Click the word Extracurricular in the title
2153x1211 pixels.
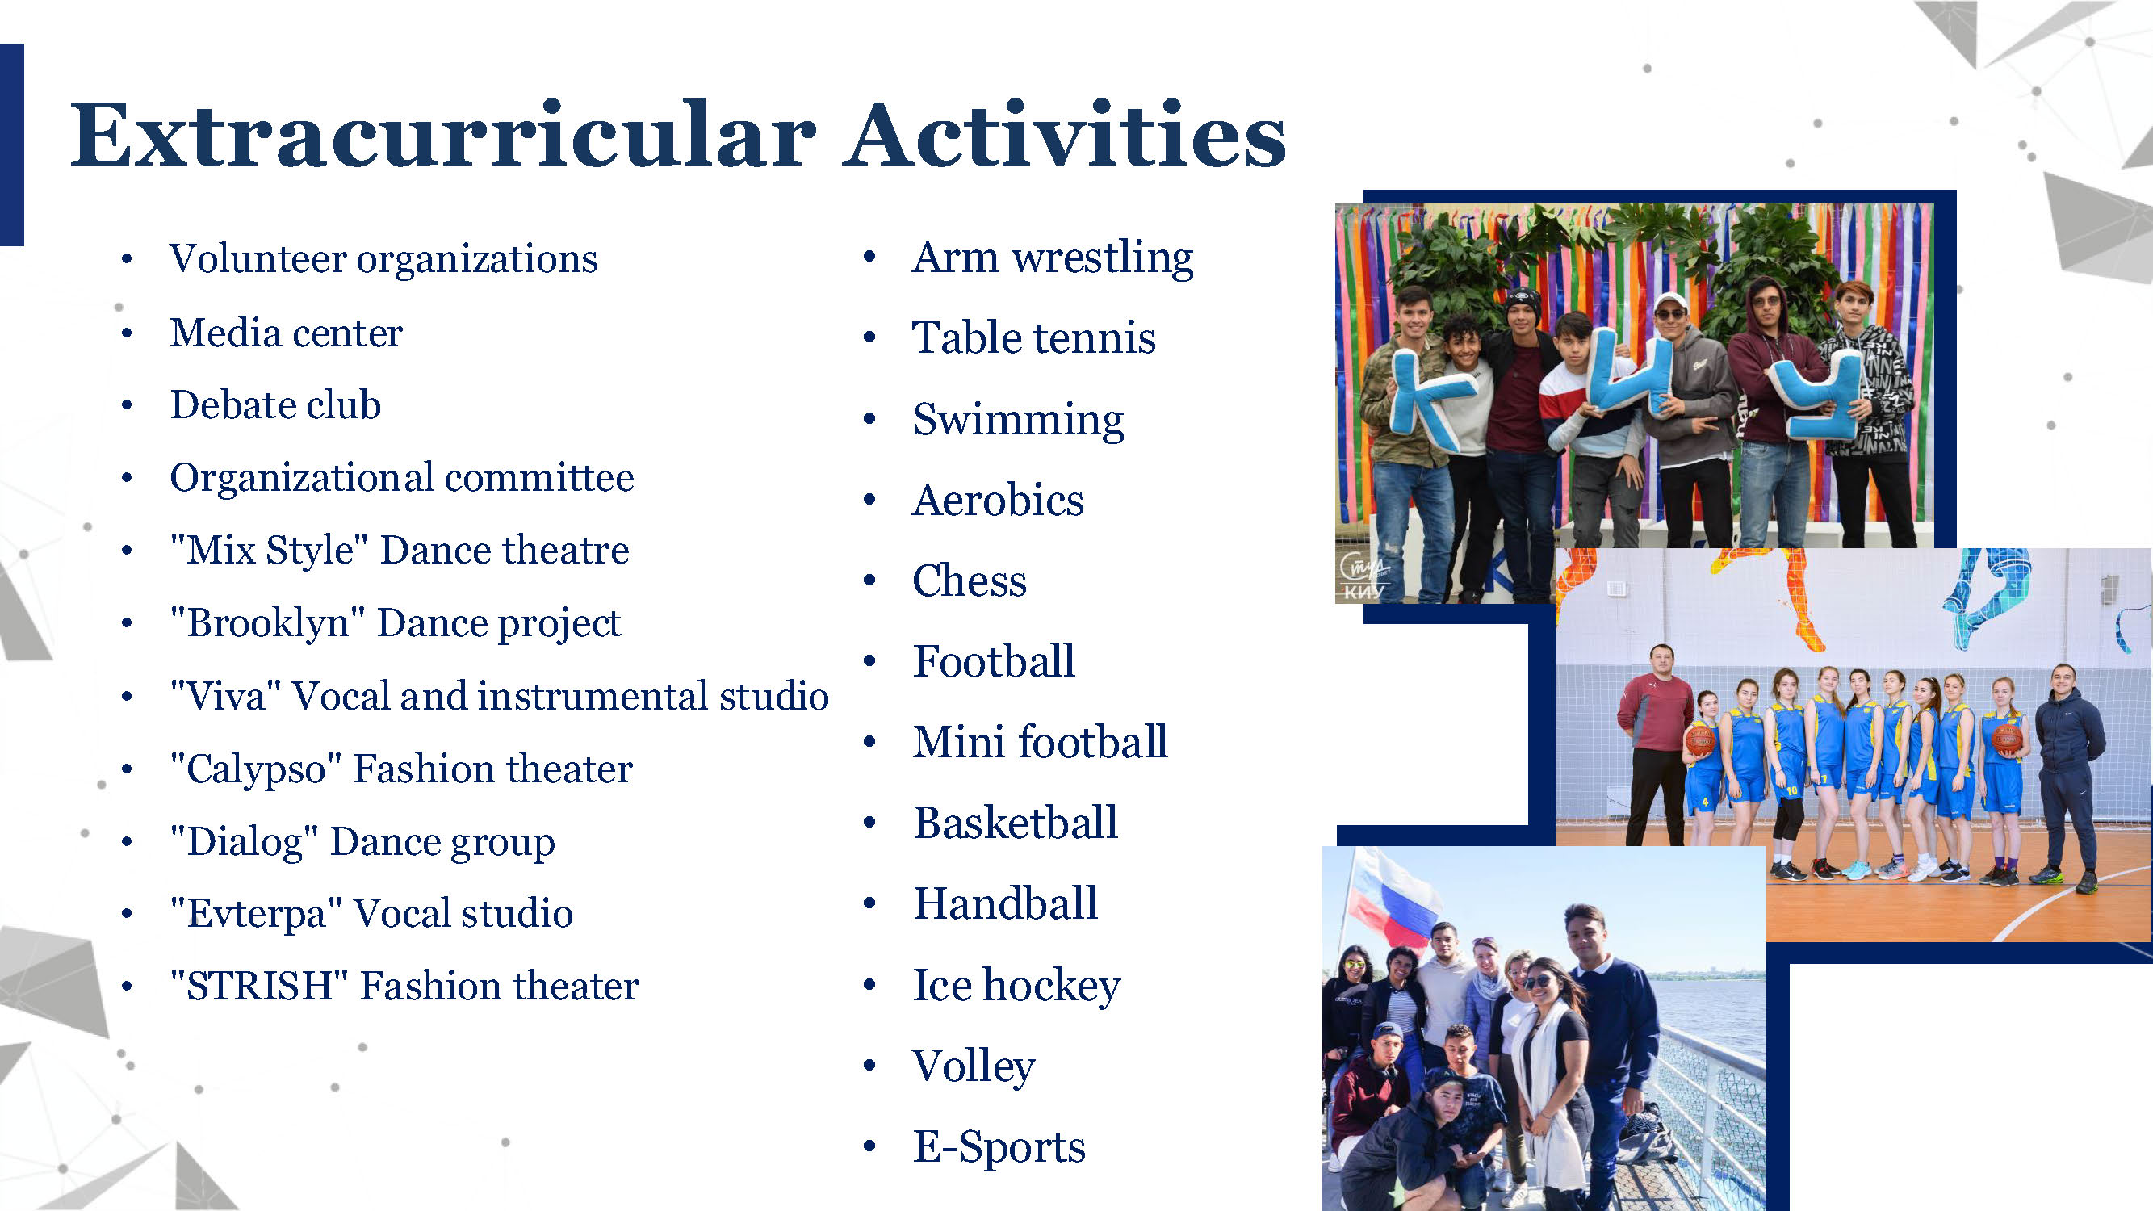[443, 136]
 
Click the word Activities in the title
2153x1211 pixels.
[1064, 136]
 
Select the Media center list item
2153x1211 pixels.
[286, 333]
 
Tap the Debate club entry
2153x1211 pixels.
[275, 404]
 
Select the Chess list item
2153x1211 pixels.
[970, 580]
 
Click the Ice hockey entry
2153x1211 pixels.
[1016, 985]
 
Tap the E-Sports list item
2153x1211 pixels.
[999, 1146]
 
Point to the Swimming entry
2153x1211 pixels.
[1018, 420]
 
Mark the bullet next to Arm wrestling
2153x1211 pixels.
[869, 257]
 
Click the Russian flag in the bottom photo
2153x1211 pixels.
[1393, 903]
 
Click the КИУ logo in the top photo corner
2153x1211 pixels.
[1363, 577]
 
